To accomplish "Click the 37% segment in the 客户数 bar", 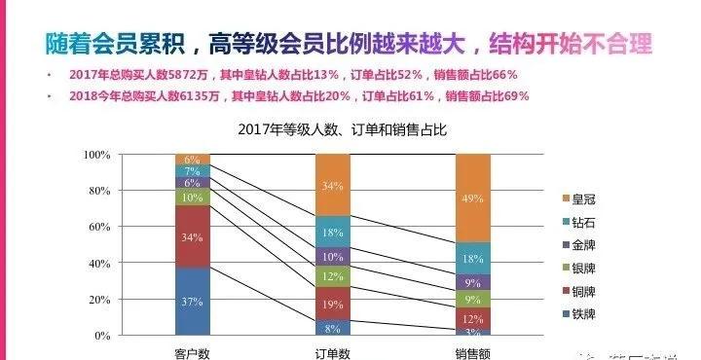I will (193, 301).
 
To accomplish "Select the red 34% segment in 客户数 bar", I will (193, 236).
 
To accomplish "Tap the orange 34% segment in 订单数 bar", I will (332, 185).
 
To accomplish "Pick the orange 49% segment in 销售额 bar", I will (471, 198).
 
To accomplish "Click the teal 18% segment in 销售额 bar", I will (471, 258).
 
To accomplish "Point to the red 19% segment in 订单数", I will (332, 304).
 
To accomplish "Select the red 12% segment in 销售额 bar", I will (471, 318).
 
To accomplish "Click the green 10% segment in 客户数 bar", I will (193, 197).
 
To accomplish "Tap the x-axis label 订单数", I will (332, 350).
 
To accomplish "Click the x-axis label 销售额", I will (471, 350).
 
